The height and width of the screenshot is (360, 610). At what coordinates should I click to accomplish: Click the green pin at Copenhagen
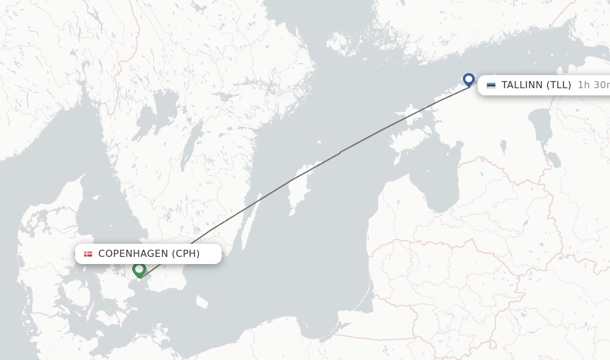click(x=139, y=270)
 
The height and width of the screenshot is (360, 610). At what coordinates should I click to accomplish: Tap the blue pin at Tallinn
click(x=469, y=80)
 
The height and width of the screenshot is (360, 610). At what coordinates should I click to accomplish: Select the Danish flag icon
click(x=88, y=254)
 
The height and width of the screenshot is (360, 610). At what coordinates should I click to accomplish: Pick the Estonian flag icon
click(x=491, y=85)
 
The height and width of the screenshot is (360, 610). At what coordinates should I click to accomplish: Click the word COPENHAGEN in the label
click(x=133, y=254)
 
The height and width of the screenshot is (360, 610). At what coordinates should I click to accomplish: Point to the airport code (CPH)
click(x=186, y=254)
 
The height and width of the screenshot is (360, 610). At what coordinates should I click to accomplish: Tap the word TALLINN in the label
click(x=522, y=85)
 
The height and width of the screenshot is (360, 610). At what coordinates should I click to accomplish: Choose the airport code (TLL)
click(x=559, y=85)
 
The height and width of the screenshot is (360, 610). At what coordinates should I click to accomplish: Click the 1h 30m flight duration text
click(x=593, y=85)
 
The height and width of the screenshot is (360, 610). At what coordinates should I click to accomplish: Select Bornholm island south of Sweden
click(x=203, y=302)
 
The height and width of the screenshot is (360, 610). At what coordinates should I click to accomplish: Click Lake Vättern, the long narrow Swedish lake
click(x=189, y=152)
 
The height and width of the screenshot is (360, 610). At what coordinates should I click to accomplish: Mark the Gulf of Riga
click(x=438, y=179)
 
